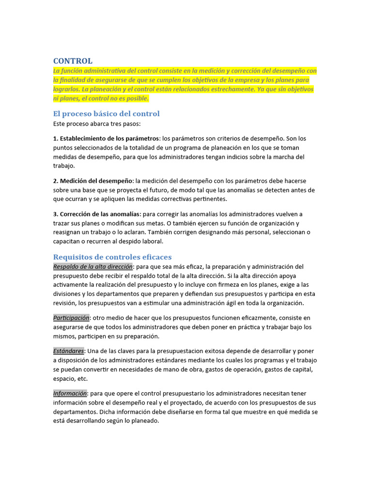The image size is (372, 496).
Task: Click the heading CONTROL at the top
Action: click(73, 61)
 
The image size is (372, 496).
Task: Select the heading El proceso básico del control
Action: click(106, 114)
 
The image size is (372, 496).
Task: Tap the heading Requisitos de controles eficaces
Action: click(112, 257)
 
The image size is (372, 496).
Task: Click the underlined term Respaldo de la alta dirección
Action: click(93, 266)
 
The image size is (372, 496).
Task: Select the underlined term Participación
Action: click(71, 318)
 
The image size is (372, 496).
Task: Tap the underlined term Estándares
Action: click(68, 351)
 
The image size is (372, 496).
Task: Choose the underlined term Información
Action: click(70, 393)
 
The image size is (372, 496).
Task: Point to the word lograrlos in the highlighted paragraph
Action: click(66, 89)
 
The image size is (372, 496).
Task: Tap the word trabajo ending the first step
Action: click(63, 166)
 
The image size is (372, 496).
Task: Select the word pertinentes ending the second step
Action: click(209, 199)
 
